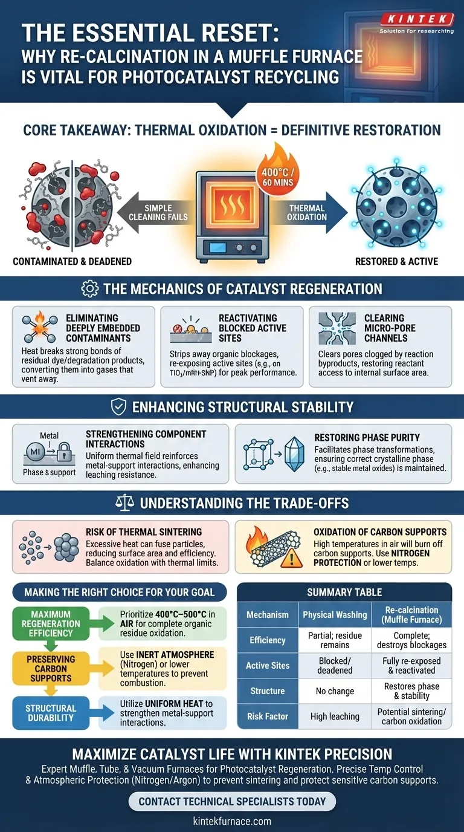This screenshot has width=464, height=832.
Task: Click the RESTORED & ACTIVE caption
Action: point(397,261)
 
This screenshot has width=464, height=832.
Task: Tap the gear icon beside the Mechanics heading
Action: point(89,288)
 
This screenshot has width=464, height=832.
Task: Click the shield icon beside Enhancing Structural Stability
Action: point(118,407)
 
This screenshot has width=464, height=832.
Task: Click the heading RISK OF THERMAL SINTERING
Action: point(144,532)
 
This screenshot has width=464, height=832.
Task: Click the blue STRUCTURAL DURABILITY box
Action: point(51,713)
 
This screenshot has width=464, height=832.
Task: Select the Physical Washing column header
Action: point(335,614)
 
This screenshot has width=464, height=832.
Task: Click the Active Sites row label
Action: point(268,665)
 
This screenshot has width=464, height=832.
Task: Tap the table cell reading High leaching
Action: point(335,717)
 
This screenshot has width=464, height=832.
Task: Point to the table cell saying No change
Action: point(335,691)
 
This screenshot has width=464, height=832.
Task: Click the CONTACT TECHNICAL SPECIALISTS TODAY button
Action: point(232,802)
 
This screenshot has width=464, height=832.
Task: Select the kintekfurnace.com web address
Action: point(232,821)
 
